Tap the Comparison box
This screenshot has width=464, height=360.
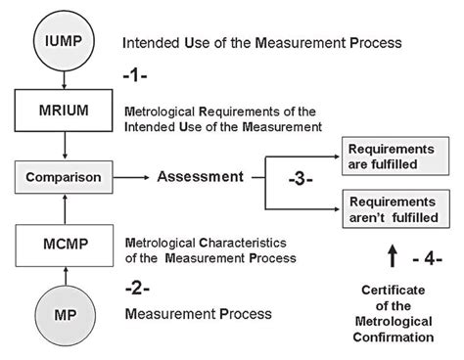(x=64, y=178)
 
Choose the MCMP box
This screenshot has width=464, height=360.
(x=64, y=244)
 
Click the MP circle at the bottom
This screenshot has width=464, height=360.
(x=64, y=316)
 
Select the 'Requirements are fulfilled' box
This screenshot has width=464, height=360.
(x=390, y=154)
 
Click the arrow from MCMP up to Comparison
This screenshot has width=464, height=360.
(x=64, y=206)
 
